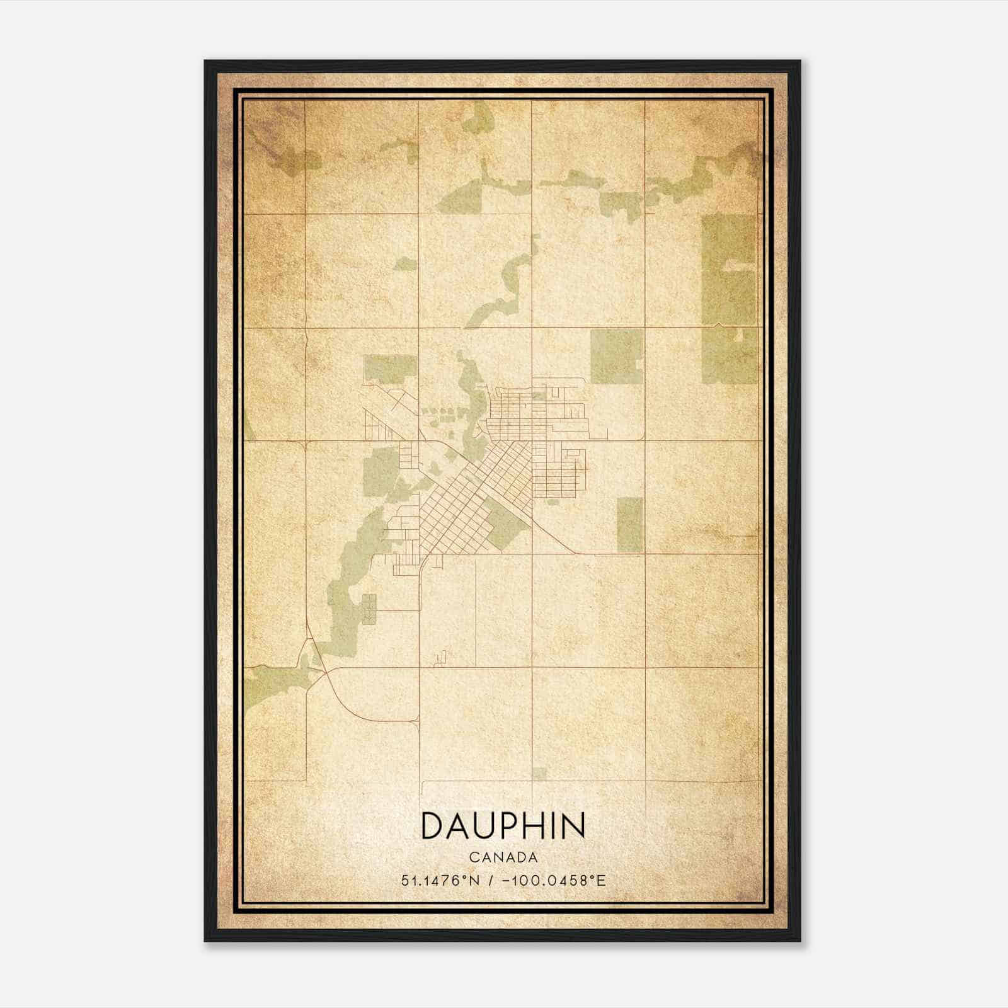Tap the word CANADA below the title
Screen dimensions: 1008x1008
503,857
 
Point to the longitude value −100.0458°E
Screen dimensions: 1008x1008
554,881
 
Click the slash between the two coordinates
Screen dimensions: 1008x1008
490,881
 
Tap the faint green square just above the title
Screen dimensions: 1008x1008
539,773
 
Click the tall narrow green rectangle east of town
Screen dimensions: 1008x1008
629,525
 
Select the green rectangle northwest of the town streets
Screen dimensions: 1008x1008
390,369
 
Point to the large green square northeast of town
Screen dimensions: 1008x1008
617,356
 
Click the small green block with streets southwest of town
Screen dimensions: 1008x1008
369,609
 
